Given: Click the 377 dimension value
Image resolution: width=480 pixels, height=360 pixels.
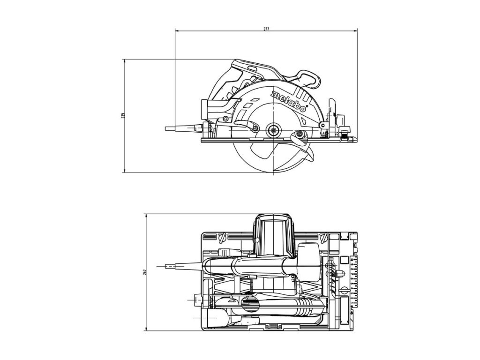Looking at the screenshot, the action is coord(266,29).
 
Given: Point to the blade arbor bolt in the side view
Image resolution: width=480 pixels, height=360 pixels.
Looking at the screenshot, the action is coord(272,131).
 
